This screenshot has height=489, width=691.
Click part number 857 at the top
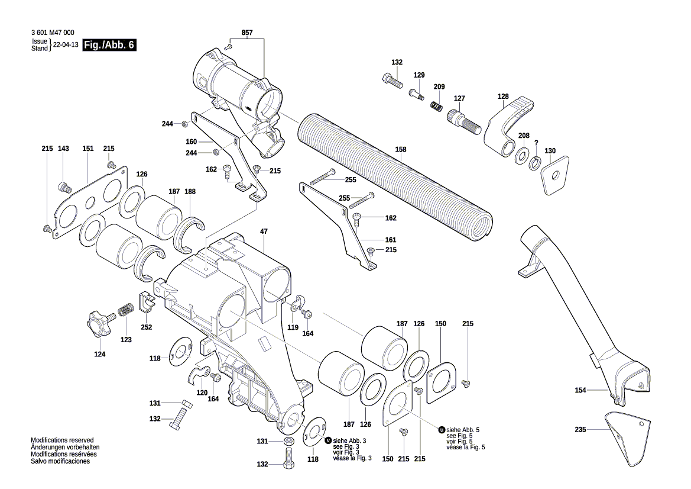click(247, 33)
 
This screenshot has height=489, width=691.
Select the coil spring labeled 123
click(126, 310)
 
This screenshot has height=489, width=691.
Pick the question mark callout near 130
click(536, 143)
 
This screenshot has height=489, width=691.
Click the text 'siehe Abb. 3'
click(349, 441)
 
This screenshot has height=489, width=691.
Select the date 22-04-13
click(65, 46)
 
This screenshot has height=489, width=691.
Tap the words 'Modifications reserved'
click(62, 440)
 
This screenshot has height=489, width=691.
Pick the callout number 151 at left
click(87, 149)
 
